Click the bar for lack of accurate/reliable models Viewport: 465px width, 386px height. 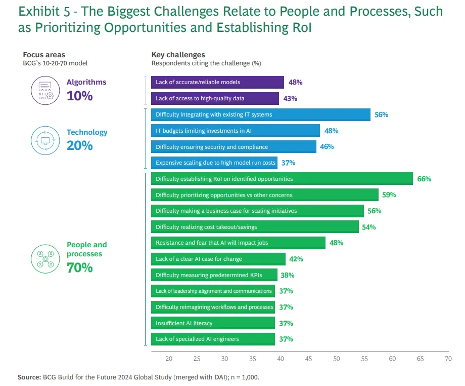coord(217,82)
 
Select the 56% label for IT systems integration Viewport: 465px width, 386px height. coord(381,114)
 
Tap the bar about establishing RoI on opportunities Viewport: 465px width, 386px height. coord(282,179)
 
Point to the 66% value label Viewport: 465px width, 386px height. coord(424,179)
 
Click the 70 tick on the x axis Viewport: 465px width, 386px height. coord(448,359)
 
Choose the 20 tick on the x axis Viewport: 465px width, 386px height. coord(169,359)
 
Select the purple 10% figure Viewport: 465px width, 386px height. coord(80,95)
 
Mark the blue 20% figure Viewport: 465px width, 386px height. coord(80,146)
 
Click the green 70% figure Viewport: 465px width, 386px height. coord(80,268)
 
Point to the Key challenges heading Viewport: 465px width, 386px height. coord(178,55)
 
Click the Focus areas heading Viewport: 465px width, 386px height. coord(44,55)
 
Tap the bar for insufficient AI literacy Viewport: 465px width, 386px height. coord(213,323)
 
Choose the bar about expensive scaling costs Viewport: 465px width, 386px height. coord(215,163)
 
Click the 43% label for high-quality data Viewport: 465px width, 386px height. coord(290,98)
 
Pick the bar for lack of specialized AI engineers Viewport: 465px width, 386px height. coord(213,339)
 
